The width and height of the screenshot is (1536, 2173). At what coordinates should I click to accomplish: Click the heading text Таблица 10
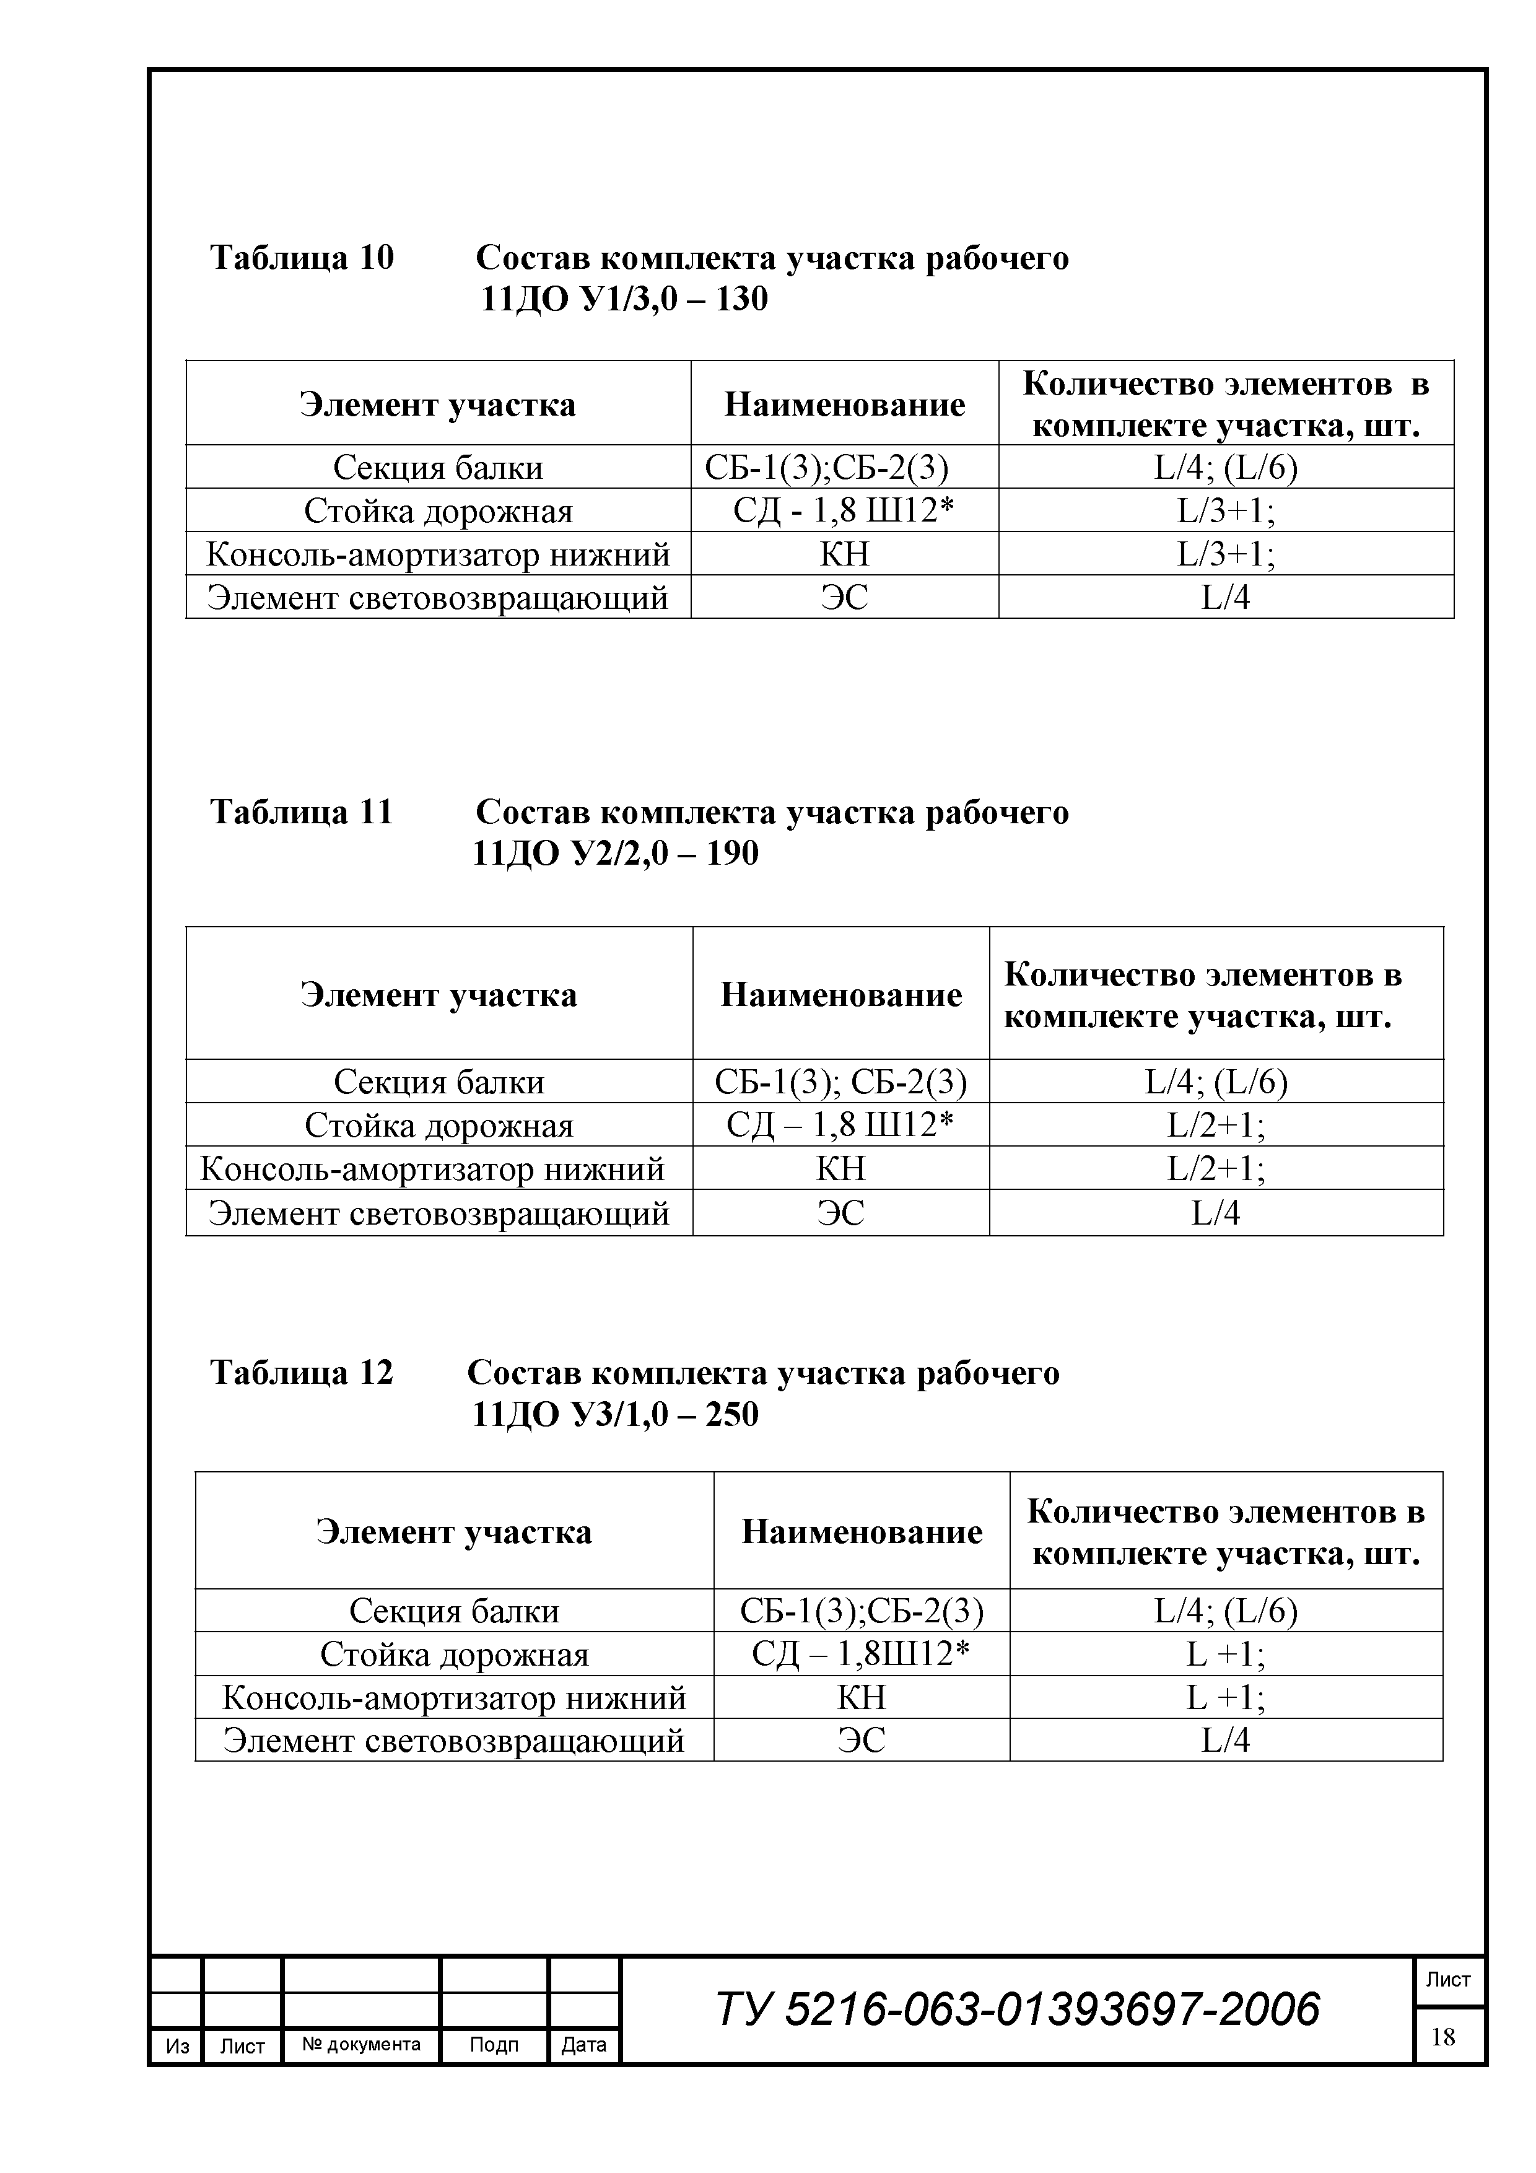[x=301, y=258]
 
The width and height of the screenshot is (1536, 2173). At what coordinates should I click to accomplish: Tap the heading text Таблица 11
[x=301, y=812]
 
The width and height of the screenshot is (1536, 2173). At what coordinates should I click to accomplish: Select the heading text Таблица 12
[x=301, y=1372]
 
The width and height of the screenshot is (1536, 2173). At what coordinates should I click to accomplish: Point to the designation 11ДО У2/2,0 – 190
[x=615, y=854]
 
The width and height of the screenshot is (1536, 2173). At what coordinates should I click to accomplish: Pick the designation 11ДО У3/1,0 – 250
[x=615, y=1414]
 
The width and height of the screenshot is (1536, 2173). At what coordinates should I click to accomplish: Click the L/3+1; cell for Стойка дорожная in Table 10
[x=1226, y=511]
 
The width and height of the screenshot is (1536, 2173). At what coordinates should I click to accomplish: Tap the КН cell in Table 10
[x=844, y=554]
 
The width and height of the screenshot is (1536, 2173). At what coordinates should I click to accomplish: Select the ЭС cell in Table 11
[x=840, y=1213]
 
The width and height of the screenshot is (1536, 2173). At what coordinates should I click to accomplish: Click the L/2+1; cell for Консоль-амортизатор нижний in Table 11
[x=1216, y=1169]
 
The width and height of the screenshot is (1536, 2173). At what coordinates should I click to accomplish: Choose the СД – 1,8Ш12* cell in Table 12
[x=862, y=1655]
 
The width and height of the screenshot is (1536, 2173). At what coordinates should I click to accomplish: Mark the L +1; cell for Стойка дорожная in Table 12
[x=1226, y=1655]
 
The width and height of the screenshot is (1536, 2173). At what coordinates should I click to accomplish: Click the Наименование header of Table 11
[x=840, y=995]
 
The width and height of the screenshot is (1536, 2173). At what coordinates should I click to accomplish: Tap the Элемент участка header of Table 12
[x=454, y=1531]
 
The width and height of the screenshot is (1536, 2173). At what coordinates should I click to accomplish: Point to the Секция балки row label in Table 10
[x=438, y=468]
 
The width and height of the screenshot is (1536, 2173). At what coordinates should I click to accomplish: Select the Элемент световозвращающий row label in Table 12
[x=454, y=1741]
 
